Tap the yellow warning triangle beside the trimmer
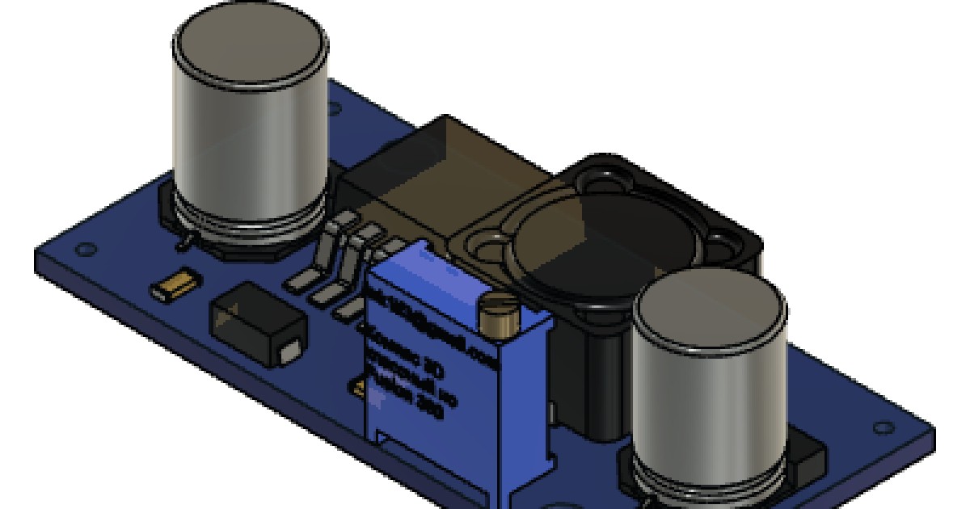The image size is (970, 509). tap(356, 386)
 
